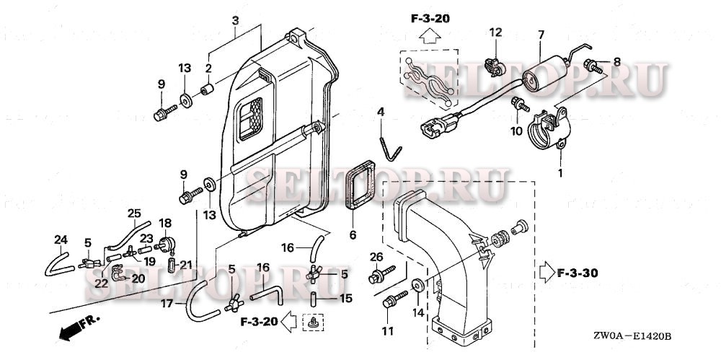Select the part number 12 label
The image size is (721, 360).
point(495,32)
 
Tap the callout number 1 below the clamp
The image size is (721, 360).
point(560,174)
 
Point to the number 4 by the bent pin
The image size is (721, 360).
point(381,113)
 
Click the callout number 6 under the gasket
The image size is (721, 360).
point(353,235)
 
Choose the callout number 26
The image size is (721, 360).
point(376,256)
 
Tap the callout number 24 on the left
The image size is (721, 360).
point(60,240)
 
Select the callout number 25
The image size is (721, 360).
point(134,214)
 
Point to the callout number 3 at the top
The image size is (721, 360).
point(234,19)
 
